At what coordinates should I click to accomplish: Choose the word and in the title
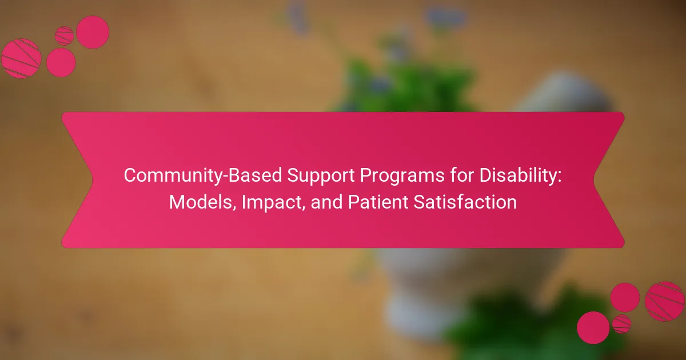click(326, 202)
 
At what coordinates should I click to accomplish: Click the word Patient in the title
click(378, 202)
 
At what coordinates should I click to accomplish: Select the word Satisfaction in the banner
click(465, 202)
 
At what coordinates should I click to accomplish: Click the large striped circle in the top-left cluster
click(21, 58)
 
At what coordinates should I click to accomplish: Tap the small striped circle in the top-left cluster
click(64, 36)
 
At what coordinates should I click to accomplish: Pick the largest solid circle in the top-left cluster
click(93, 32)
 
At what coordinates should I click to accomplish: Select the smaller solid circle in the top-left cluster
click(61, 62)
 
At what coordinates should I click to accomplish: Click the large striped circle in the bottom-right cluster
click(664, 302)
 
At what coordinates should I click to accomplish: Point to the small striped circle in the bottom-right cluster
click(622, 324)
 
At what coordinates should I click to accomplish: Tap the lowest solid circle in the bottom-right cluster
click(593, 328)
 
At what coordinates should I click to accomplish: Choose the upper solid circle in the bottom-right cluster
click(625, 298)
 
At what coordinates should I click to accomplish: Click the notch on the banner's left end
click(92, 180)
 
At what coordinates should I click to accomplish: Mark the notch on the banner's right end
click(594, 180)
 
